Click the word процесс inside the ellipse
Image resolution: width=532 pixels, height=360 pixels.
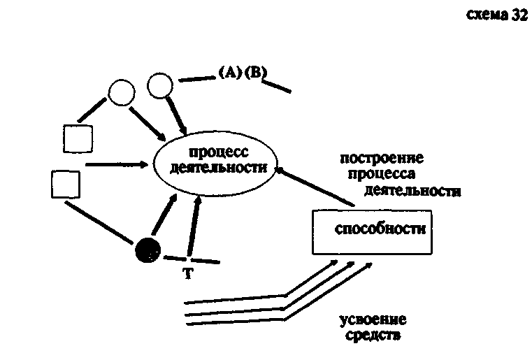218,152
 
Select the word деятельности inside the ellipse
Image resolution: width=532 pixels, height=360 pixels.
218,168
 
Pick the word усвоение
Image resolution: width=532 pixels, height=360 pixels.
373,320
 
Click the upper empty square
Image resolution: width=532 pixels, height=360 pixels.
78,138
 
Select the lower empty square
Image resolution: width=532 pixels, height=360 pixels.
66,184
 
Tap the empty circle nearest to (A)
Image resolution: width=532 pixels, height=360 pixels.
161,85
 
